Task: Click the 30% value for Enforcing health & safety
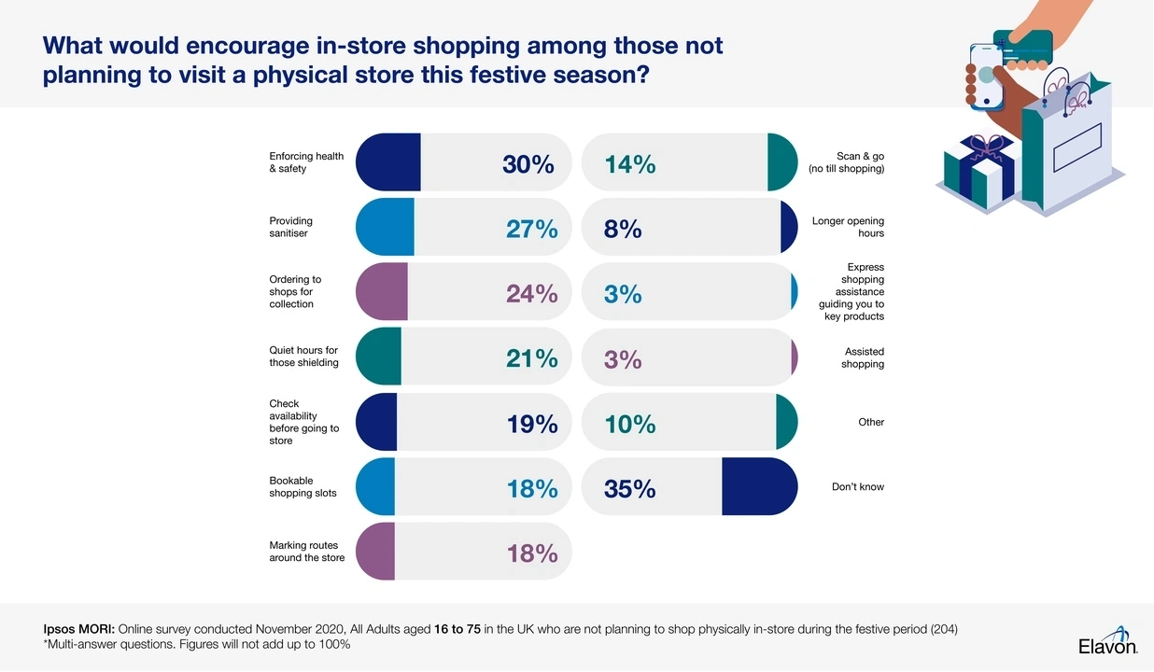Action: (x=528, y=165)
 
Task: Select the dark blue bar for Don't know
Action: (x=759, y=486)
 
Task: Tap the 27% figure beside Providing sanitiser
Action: (x=531, y=230)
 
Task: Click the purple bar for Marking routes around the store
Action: (x=376, y=552)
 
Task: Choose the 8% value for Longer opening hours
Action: (x=623, y=230)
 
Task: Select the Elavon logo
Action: (x=1107, y=645)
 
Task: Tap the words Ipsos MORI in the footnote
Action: (x=78, y=629)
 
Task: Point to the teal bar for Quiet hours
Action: (x=379, y=357)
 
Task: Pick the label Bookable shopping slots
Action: (x=303, y=487)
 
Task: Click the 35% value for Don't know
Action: (x=629, y=488)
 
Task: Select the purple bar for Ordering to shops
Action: (x=382, y=292)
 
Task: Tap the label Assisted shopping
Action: (x=863, y=357)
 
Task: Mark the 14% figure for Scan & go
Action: (x=629, y=165)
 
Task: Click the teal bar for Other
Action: (x=786, y=422)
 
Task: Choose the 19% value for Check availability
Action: (x=531, y=424)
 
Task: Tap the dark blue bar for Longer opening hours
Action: (x=788, y=227)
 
